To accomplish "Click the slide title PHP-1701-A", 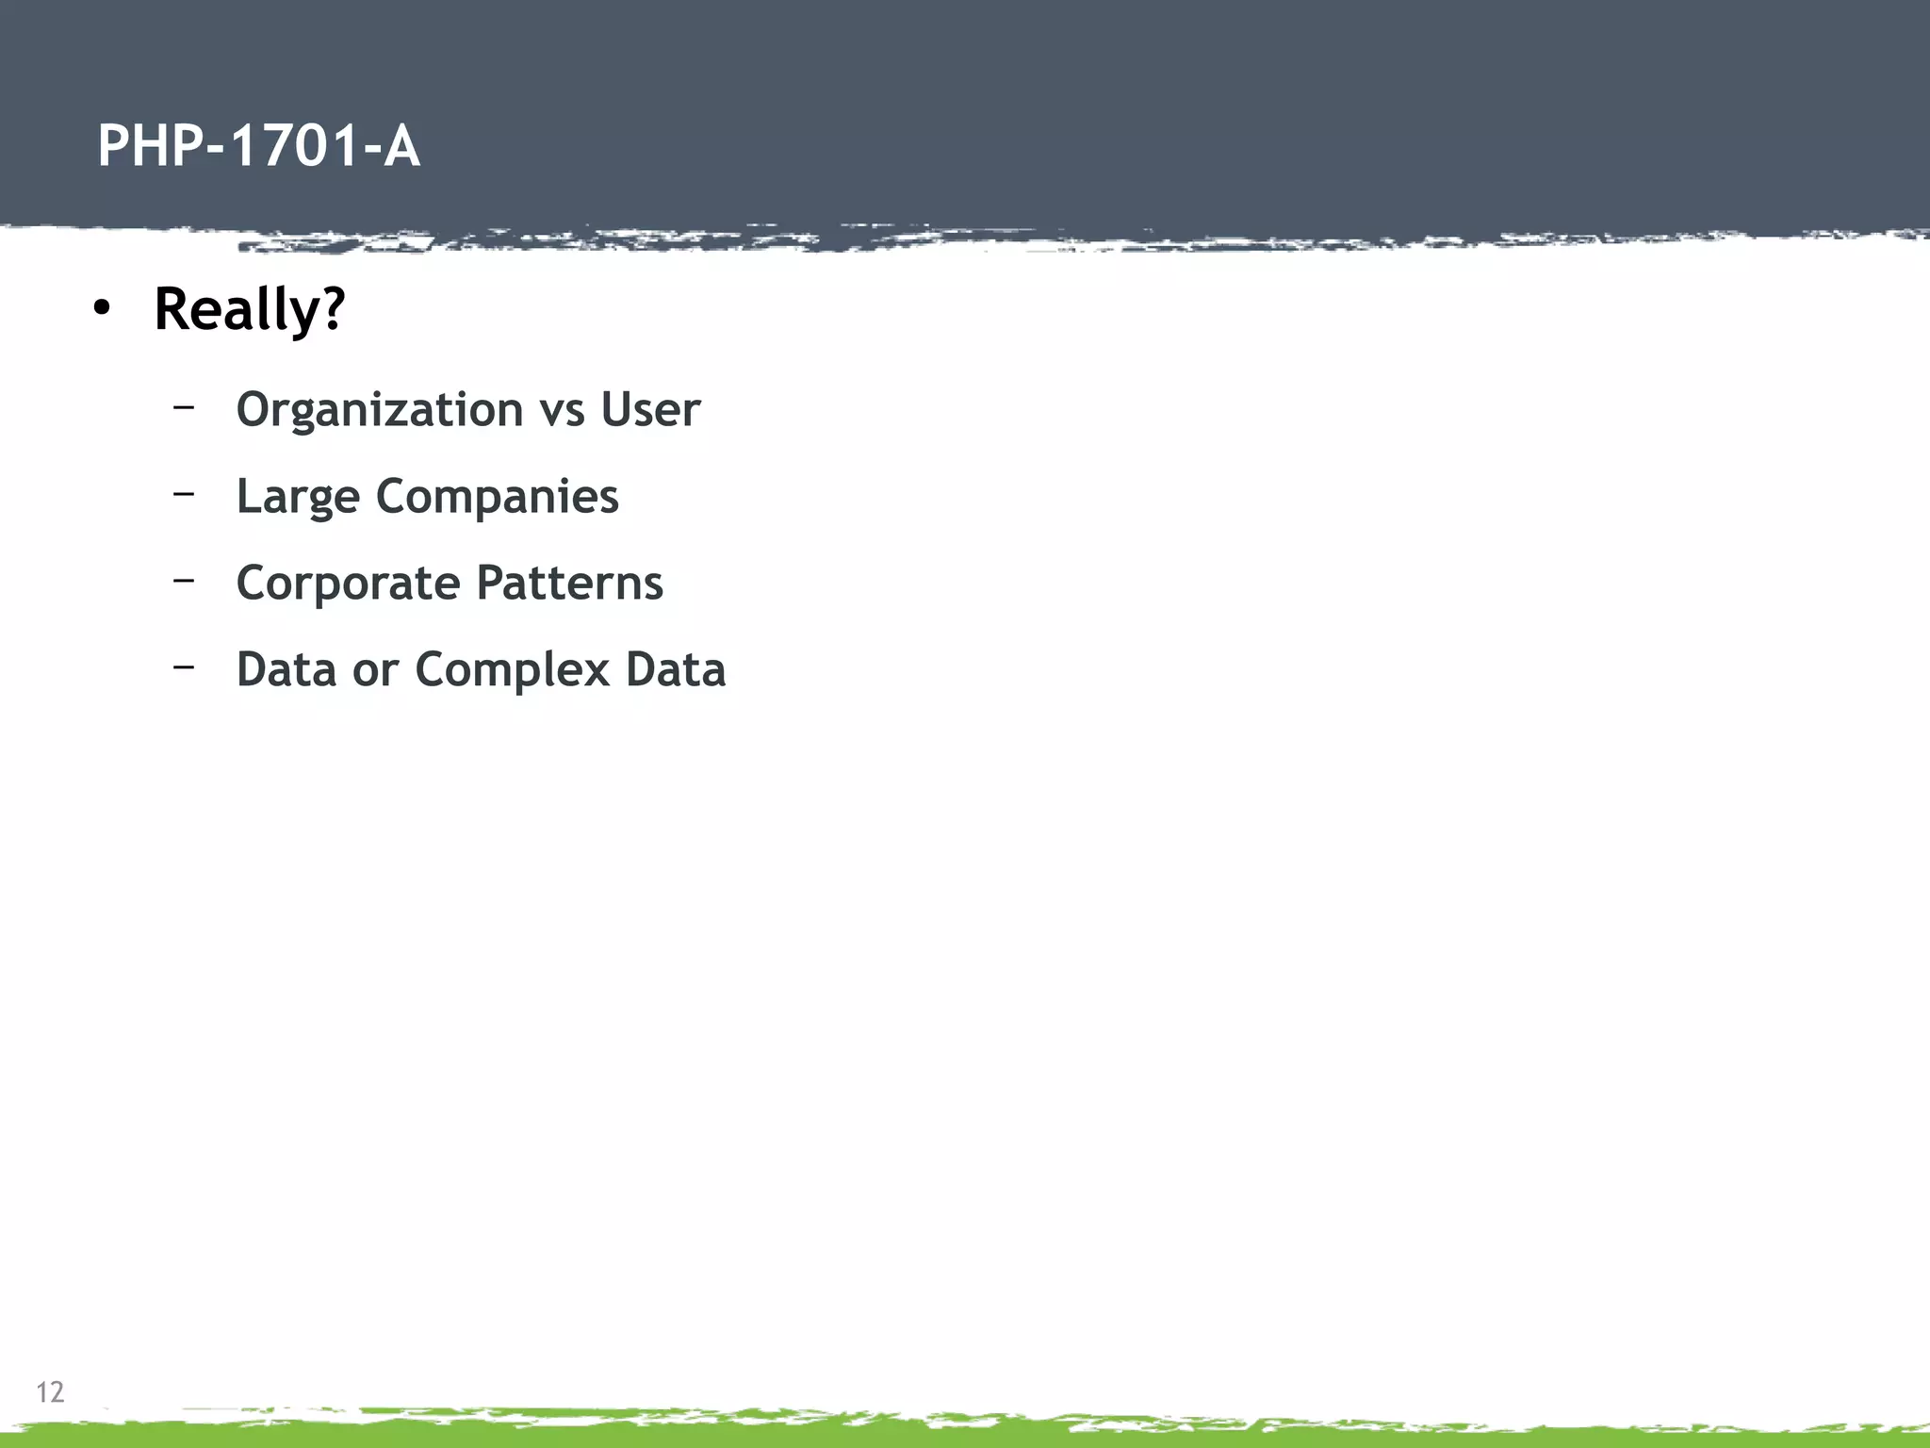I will [258, 147].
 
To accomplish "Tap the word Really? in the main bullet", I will [250, 309].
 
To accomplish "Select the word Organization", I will [379, 411].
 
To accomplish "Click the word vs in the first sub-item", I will [562, 411].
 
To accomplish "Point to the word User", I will [650, 409].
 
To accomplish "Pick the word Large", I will [298, 498].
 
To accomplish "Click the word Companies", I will [497, 498].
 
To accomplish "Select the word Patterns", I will [569, 583].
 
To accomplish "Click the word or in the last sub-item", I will [375, 670].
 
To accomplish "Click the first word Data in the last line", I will [286, 669].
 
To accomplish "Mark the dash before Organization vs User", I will [184, 406].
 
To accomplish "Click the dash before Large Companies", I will [184, 493].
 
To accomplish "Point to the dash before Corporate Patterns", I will [184, 580].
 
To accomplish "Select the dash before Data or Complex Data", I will [184, 666].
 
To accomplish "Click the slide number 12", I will [50, 1392].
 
